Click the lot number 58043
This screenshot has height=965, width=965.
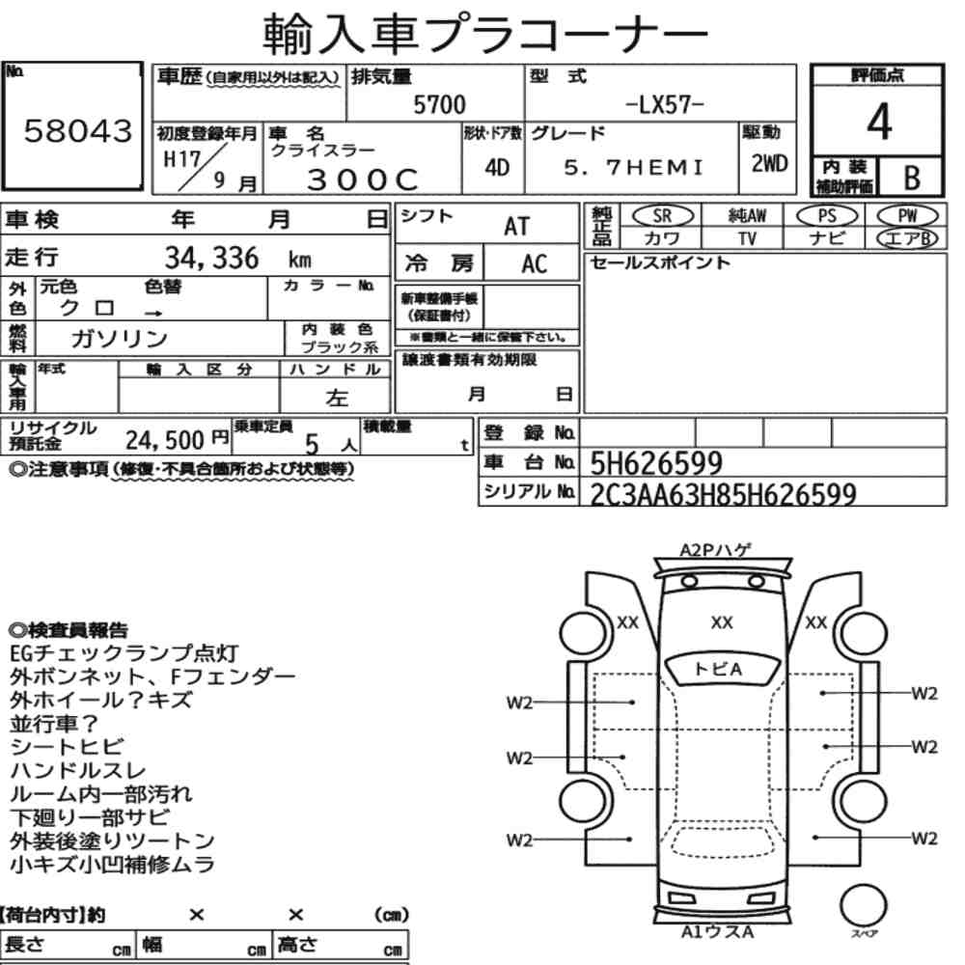pos(78,130)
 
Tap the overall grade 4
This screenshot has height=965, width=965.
pos(879,122)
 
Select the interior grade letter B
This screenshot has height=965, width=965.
pos(912,178)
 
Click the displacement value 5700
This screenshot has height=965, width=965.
pos(439,104)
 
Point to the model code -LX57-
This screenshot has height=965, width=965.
pos(664,104)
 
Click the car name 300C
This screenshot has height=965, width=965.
pos(363,179)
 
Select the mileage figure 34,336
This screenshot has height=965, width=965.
pos(211,258)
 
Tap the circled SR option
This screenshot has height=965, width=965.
pos(663,216)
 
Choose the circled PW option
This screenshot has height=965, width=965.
pos(907,216)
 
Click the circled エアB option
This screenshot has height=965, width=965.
pos(907,238)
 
